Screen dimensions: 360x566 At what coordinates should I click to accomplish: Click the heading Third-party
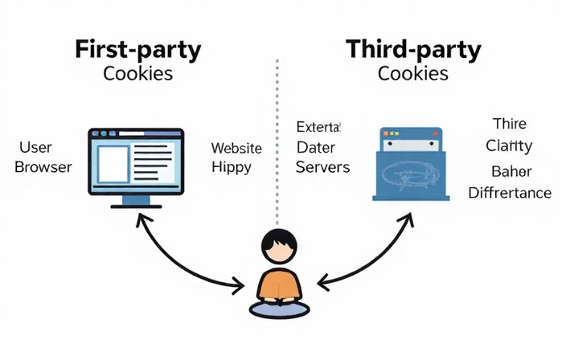click(413, 49)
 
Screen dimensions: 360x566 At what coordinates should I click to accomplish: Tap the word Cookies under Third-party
click(413, 74)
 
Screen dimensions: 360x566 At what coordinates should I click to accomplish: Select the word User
click(35, 148)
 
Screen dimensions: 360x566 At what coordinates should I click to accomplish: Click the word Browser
click(43, 167)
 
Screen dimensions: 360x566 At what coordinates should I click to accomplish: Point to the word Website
click(236, 148)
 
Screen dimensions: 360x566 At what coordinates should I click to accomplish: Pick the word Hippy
click(232, 168)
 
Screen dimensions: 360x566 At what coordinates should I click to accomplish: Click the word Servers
click(323, 167)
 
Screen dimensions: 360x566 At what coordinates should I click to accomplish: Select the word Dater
click(316, 148)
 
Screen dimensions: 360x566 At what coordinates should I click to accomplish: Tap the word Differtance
click(510, 193)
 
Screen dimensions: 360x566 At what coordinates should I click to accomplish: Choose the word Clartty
click(510, 145)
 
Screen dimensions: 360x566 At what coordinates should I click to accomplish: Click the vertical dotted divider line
click(277, 137)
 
